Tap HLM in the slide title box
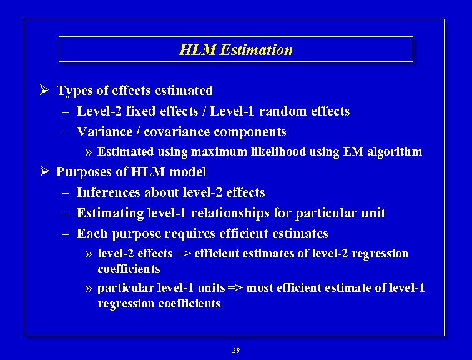tap(194, 50)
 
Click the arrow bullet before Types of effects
tap(44, 91)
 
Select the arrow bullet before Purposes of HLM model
tap(44, 171)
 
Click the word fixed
tap(141, 111)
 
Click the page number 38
tap(235, 351)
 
